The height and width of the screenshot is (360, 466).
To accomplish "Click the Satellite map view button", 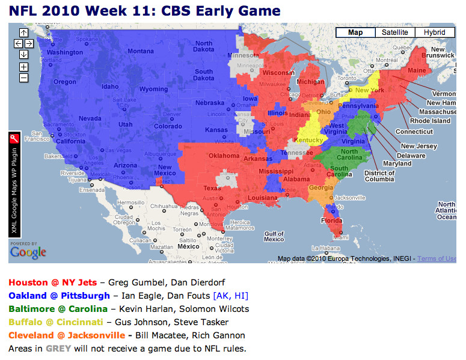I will point(394,32).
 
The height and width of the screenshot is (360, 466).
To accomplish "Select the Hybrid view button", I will point(434,32).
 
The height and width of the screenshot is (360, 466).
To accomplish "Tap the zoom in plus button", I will point(23,67).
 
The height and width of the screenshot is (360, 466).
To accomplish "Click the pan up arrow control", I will point(23,32).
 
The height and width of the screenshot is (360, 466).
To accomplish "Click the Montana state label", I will point(140,51).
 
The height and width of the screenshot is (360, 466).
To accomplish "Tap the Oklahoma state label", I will point(223,155).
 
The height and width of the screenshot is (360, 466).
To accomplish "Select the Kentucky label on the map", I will point(308,141).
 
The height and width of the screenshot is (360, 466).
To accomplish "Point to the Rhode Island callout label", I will point(431,121).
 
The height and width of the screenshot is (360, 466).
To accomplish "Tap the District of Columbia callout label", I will point(379,176).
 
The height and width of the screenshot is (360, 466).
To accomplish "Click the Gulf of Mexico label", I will point(274,236).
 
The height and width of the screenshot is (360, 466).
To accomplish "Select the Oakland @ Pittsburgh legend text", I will point(59,296).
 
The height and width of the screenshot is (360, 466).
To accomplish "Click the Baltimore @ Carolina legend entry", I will point(58,309).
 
